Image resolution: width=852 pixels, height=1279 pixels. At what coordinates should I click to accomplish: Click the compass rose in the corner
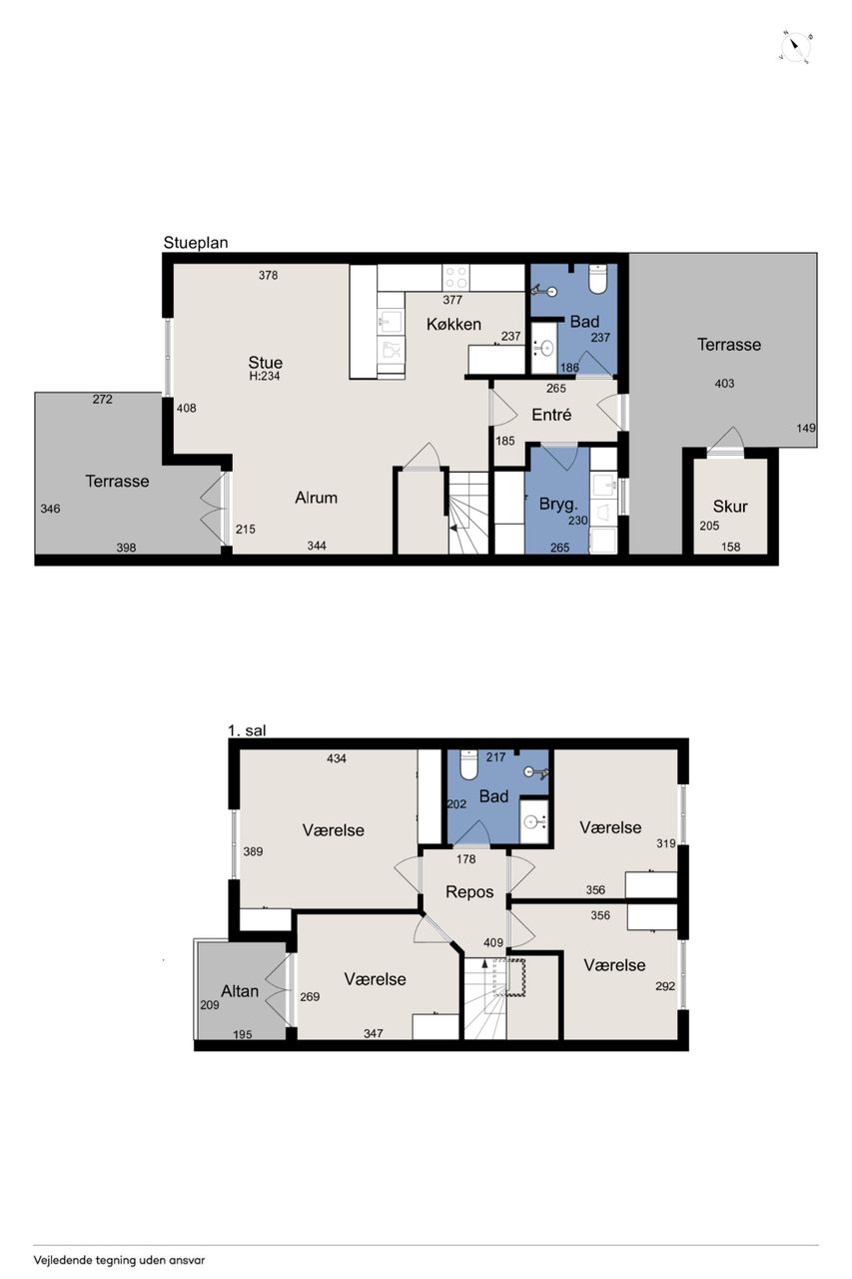(796, 48)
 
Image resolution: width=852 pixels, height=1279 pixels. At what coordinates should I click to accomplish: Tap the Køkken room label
(453, 325)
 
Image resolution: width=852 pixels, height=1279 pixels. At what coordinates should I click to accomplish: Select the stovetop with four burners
(455, 278)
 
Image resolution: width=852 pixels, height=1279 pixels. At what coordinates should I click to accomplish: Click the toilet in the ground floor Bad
(597, 279)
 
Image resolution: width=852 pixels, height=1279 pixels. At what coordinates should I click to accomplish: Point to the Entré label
(551, 415)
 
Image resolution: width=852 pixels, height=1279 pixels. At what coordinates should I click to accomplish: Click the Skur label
(730, 506)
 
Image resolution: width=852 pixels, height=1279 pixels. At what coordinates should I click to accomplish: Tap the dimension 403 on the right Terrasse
(724, 384)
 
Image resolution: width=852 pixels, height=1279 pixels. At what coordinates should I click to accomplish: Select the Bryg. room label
(558, 504)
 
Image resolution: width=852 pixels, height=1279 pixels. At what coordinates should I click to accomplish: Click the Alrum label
(317, 498)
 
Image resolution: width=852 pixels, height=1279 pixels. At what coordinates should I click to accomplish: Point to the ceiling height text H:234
(265, 377)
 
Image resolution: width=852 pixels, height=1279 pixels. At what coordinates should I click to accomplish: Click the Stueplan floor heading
(196, 243)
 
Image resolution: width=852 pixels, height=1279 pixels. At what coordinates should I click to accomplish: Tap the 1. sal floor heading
(247, 730)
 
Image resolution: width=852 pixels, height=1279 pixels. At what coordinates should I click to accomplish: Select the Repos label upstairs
(469, 892)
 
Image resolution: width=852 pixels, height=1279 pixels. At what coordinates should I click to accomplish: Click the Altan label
(240, 991)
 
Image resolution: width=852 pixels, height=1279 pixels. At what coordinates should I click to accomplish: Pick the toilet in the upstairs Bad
(467, 764)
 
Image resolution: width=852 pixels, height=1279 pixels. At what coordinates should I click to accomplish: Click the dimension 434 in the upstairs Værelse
(337, 758)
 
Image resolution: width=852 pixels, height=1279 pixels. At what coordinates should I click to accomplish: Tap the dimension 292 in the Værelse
(665, 985)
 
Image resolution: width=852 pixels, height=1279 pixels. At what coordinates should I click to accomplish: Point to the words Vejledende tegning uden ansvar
(119, 1256)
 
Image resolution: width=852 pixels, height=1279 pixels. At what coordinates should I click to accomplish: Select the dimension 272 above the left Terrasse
(102, 399)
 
